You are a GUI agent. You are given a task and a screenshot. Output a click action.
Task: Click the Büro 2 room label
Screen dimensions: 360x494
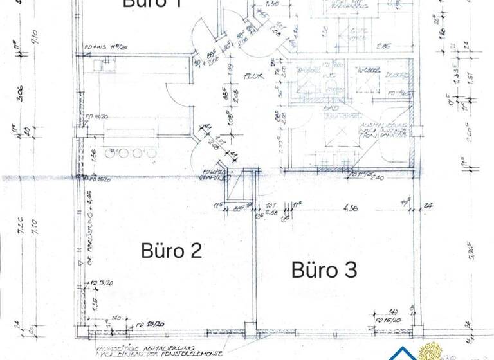(172, 251)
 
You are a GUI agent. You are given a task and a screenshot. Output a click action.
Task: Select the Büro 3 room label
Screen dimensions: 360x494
(324, 270)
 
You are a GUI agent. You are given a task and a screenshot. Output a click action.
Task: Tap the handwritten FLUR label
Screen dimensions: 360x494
(252, 75)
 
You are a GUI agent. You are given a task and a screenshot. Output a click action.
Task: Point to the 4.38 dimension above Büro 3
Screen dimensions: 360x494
(351, 208)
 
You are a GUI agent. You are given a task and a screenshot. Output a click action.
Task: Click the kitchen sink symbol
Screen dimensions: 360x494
(102, 64)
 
